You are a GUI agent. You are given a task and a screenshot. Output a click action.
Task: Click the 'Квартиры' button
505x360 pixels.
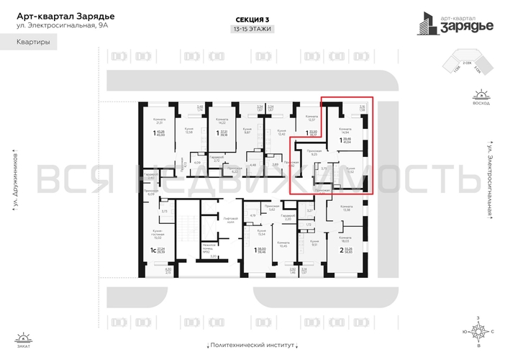click(x=34, y=43)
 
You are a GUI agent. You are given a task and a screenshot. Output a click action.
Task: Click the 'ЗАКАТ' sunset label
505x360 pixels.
click(x=24, y=346)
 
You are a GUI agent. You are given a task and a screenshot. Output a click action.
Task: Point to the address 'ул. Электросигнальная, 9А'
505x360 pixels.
click(x=57, y=27)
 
